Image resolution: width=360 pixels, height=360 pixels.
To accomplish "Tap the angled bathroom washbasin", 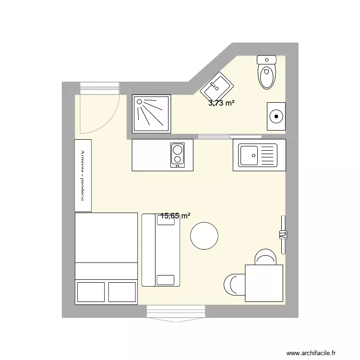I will click(217, 87).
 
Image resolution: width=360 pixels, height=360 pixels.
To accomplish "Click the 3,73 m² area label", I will click(221, 102).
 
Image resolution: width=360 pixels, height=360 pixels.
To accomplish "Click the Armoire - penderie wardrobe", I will click(83, 175).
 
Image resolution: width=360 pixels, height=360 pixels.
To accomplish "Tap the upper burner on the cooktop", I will click(178, 149).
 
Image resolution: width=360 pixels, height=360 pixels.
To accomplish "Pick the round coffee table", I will click(204, 236).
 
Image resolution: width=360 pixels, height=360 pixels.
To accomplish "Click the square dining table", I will click(264, 283).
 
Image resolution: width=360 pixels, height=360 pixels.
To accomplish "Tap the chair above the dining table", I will click(265, 257).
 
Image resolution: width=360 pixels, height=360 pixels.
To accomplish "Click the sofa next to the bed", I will click(160, 250).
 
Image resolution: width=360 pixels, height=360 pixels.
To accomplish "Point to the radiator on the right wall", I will click(283, 235).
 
